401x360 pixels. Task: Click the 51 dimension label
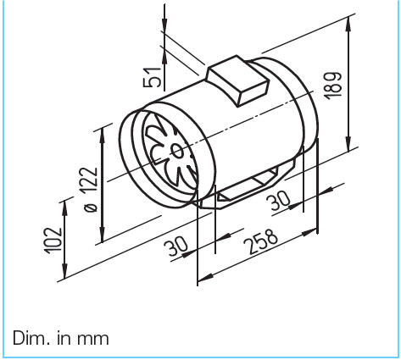(x=153, y=75)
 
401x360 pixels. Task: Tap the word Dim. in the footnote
(x=31, y=338)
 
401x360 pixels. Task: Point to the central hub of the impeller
(x=175, y=151)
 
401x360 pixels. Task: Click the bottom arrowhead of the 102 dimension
(x=64, y=277)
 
